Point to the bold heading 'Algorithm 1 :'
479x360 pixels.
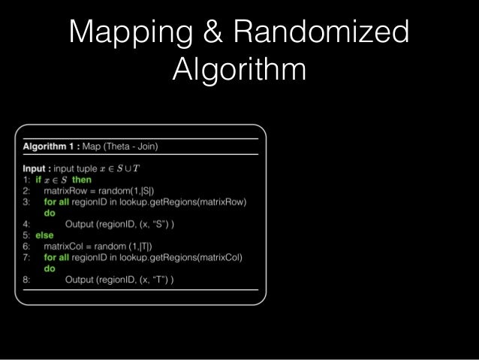(52, 147)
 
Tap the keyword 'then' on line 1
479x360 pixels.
(82, 180)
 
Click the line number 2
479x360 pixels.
(26, 191)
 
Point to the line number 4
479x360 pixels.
(26, 223)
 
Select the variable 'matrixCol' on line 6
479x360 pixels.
(65, 247)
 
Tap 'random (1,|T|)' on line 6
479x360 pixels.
(122, 247)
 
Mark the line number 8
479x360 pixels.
(26, 280)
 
